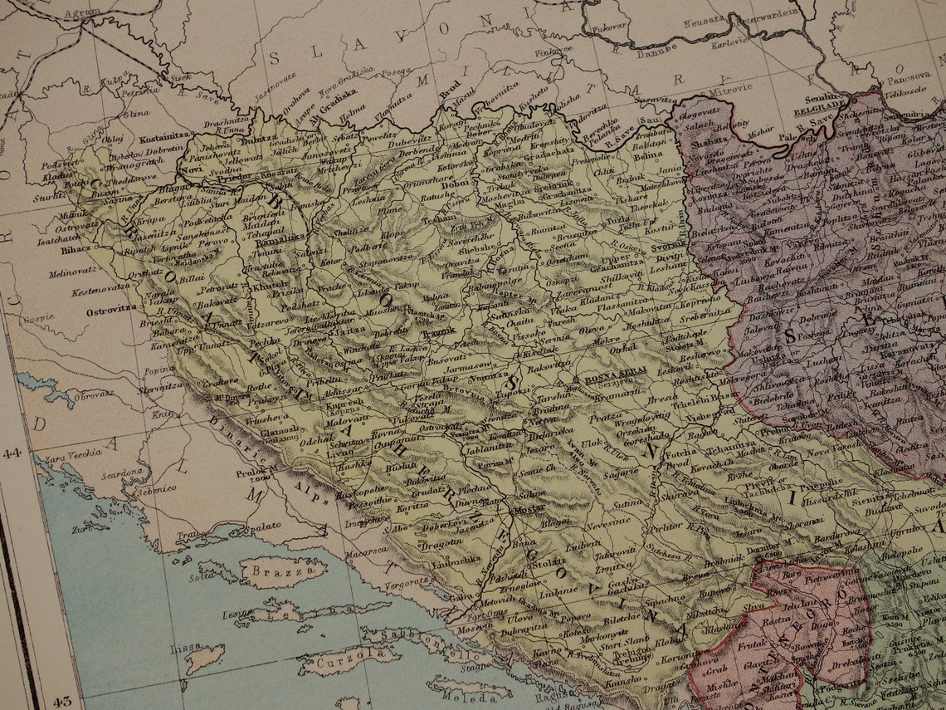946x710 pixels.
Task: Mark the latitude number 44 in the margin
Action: click(12, 453)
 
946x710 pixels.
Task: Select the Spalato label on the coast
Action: click(264, 526)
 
